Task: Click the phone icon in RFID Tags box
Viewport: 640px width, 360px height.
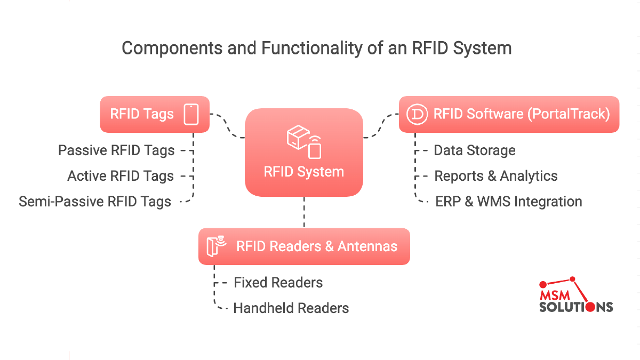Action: click(191, 114)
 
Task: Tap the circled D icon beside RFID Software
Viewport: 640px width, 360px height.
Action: click(417, 114)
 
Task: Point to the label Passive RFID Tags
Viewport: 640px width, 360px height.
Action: click(116, 150)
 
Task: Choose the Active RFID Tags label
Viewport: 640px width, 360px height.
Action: click(121, 175)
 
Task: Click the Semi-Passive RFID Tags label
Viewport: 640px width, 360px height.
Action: click(95, 202)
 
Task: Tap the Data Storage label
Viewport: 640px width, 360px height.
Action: click(475, 150)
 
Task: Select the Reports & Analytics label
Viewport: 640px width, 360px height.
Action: click(496, 175)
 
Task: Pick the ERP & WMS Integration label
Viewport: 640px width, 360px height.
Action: click(509, 202)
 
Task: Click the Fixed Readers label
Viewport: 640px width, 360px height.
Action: click(278, 283)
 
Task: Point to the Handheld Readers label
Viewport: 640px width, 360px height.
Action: click(291, 308)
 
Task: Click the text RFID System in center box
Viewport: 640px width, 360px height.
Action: click(303, 172)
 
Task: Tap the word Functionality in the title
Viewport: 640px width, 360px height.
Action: click(312, 48)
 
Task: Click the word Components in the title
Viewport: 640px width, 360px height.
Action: click(172, 48)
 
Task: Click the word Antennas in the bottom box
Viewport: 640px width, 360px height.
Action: click(367, 246)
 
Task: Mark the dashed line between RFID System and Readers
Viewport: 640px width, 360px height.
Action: click(304, 212)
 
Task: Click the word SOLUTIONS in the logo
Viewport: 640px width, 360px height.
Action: click(576, 307)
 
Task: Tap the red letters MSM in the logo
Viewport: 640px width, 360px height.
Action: click(555, 295)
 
